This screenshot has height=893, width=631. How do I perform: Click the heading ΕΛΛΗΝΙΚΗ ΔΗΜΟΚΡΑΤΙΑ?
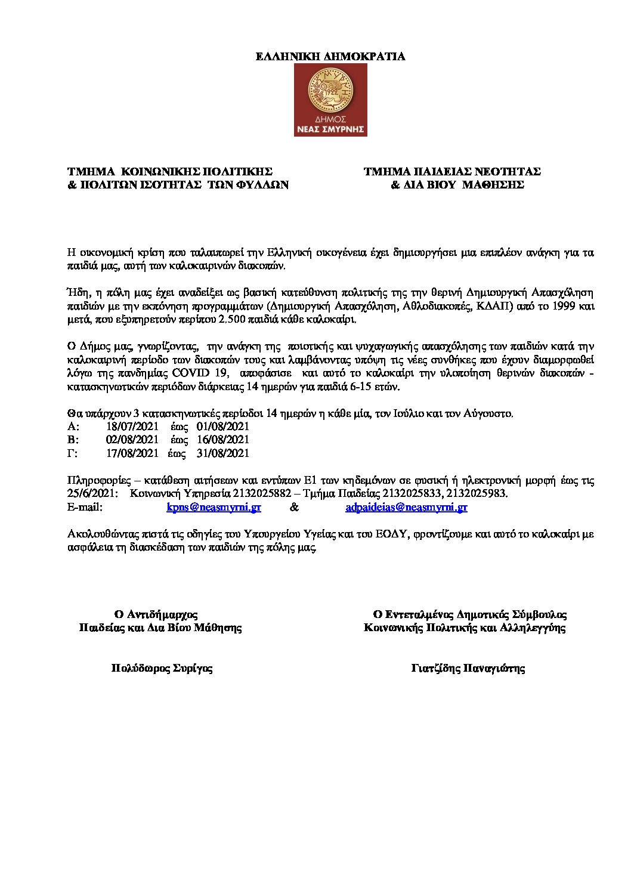330,57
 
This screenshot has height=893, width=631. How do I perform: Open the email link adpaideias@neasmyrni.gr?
406,508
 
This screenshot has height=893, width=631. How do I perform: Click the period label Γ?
73,453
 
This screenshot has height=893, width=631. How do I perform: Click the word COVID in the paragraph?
191,373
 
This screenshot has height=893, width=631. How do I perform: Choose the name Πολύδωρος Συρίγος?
162,668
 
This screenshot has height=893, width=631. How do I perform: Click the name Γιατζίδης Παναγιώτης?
468,668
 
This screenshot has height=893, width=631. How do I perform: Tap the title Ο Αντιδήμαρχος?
156,614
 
